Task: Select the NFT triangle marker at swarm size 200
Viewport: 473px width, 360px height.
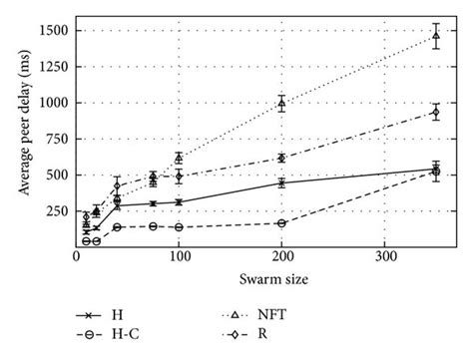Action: (x=282, y=103)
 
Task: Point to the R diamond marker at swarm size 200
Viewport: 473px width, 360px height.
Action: (x=282, y=158)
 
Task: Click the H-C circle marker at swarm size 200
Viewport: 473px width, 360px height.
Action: (x=282, y=223)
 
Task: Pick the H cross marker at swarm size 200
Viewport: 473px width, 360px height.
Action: (x=282, y=182)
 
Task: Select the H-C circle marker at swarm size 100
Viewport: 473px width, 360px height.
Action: (x=179, y=227)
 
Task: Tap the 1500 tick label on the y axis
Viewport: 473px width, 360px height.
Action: (x=55, y=31)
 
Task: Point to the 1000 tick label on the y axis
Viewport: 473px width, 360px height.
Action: (x=55, y=103)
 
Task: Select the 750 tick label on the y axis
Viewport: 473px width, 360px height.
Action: (x=58, y=139)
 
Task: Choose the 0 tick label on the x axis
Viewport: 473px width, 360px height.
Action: (x=77, y=258)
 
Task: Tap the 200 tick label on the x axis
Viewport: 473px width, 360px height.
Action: (x=282, y=258)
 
